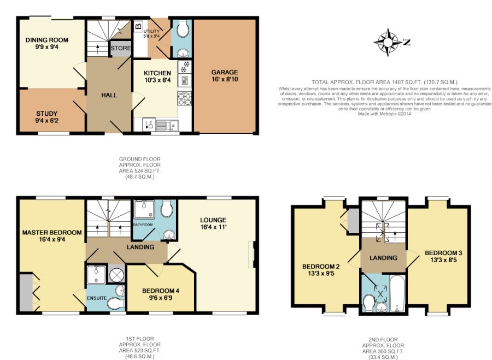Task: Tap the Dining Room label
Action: [47, 40]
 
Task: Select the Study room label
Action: [47, 114]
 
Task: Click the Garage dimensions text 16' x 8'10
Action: [225, 79]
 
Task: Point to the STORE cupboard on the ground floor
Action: [121, 48]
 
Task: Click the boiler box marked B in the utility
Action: [138, 26]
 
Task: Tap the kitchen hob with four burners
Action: [185, 99]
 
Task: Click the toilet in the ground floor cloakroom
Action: [182, 29]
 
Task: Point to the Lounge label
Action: [213, 220]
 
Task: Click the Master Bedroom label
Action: [52, 232]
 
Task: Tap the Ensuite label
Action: [97, 298]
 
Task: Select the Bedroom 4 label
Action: [161, 291]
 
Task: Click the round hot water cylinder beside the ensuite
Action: [116, 275]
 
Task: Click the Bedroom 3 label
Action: [443, 253]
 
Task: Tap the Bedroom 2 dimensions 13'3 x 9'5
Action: [321, 274]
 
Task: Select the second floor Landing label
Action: [383, 258]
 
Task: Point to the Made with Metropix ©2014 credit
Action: [384, 114]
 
